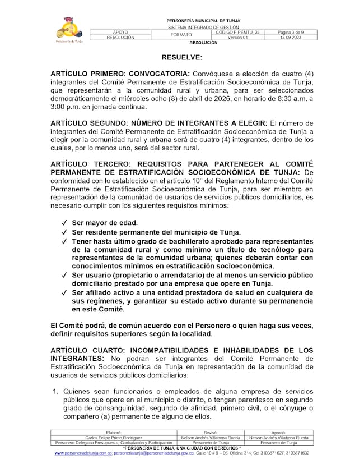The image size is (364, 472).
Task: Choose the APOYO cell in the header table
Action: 120,33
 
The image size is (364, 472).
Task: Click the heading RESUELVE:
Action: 182,58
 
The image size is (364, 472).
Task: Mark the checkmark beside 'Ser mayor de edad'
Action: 64,223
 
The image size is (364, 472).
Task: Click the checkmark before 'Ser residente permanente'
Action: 64,232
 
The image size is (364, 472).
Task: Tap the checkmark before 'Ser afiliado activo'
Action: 64,293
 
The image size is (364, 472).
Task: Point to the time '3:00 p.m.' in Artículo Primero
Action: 66,107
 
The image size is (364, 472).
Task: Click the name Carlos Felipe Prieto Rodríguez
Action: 114,437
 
